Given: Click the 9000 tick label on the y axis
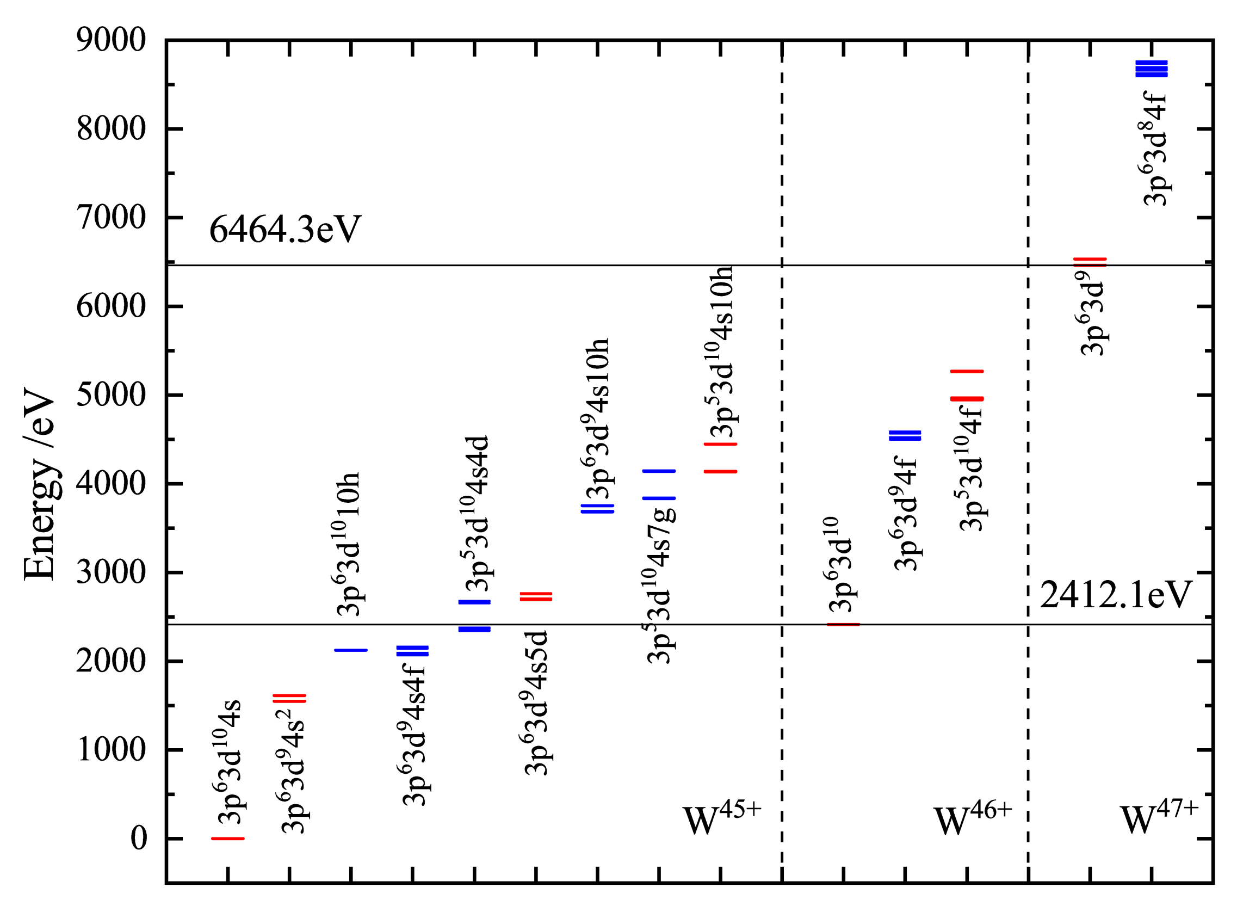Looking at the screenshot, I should click(x=112, y=40).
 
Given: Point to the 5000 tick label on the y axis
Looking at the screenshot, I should click(x=112, y=395).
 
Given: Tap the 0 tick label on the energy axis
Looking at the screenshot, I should click(x=139, y=837).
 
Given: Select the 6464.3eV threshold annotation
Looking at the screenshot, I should click(x=285, y=229).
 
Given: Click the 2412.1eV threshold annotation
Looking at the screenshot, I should click(x=1116, y=595).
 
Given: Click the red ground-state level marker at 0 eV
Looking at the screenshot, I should click(x=228, y=838).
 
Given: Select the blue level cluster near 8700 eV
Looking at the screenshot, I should click(x=1152, y=69).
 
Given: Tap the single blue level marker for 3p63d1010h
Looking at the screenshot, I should click(x=351, y=650).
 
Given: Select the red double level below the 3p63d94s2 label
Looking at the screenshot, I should click(x=289, y=698).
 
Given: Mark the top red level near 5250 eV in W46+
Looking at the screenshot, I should click(x=967, y=372).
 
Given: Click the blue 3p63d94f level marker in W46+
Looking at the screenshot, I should click(x=905, y=435).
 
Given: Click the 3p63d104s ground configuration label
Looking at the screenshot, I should click(x=229, y=762).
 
